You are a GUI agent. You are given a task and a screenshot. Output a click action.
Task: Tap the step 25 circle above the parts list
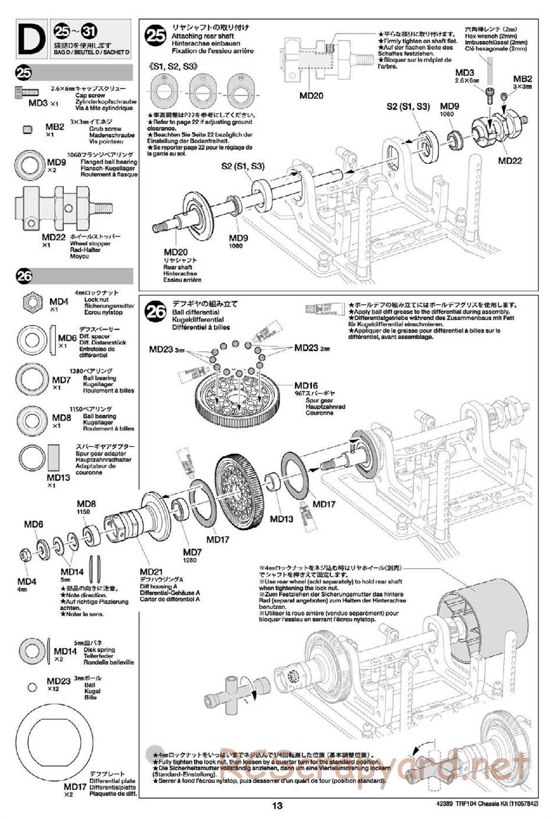[x=25, y=73]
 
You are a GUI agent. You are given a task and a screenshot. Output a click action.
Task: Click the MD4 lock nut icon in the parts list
[x=32, y=302]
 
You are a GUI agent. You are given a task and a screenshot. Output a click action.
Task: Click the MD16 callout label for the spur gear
[x=306, y=386]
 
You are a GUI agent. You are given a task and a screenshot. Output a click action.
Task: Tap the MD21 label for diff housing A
[x=151, y=572]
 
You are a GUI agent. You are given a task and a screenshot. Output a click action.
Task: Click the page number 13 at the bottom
[x=277, y=806]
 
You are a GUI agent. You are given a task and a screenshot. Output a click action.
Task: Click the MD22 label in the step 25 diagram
[x=510, y=161]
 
